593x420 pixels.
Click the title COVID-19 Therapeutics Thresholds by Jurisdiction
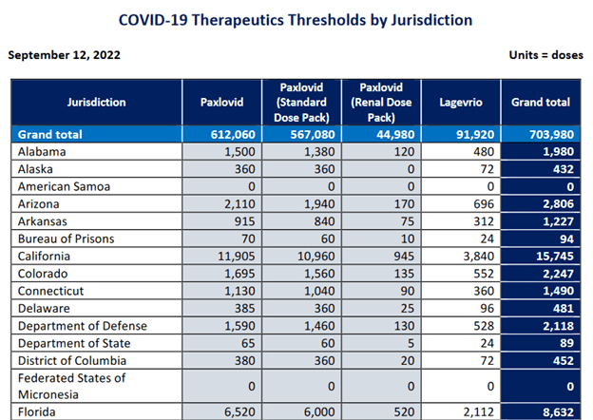coord(296,19)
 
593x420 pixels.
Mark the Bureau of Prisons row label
coord(69,239)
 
